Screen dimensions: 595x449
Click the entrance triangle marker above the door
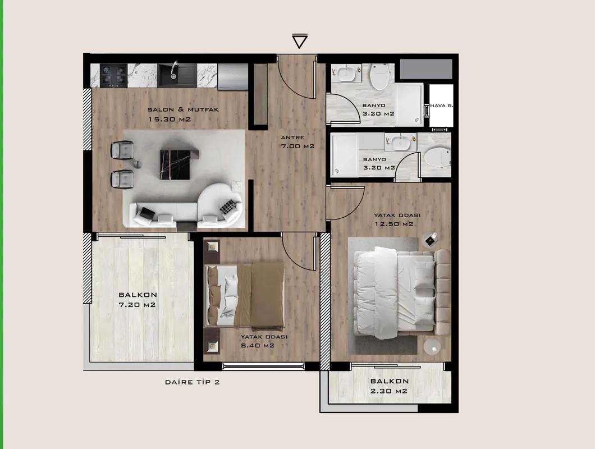pos(299,41)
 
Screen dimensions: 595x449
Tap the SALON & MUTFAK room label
pos(183,109)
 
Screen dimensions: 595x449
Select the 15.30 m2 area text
pos(170,119)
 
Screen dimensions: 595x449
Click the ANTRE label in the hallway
pos(292,138)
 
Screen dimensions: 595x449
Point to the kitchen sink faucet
pos(175,68)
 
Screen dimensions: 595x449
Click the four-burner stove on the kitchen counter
pos(113,75)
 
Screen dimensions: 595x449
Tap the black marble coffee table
pos(175,164)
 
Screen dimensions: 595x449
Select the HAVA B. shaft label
pos(441,106)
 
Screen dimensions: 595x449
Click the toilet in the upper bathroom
pos(380,76)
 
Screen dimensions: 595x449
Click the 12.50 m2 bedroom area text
pos(394,224)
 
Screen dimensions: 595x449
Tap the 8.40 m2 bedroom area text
pos(257,345)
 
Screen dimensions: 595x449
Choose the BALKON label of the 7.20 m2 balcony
pos(138,295)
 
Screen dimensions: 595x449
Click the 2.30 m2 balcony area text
pos(389,391)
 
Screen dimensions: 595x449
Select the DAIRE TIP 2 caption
pos(193,382)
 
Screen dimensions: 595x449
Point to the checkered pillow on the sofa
pos(228,207)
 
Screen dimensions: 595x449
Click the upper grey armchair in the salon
pos(122,150)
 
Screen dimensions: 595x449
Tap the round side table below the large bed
pos(432,346)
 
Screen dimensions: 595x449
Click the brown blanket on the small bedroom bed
pos(260,295)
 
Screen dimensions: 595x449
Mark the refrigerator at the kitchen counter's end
pos(232,76)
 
